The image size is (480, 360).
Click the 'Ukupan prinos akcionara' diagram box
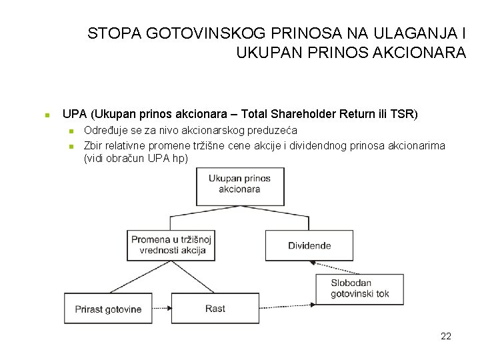[240, 185]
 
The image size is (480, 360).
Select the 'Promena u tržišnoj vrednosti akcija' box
[171, 245]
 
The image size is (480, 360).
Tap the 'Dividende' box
[309, 245]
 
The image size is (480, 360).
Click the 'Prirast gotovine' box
[109, 309]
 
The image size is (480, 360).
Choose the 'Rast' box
[215, 309]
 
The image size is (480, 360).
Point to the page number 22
[446, 336]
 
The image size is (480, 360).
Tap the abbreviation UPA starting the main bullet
[74, 114]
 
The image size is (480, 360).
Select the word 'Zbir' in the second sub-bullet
[93, 146]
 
